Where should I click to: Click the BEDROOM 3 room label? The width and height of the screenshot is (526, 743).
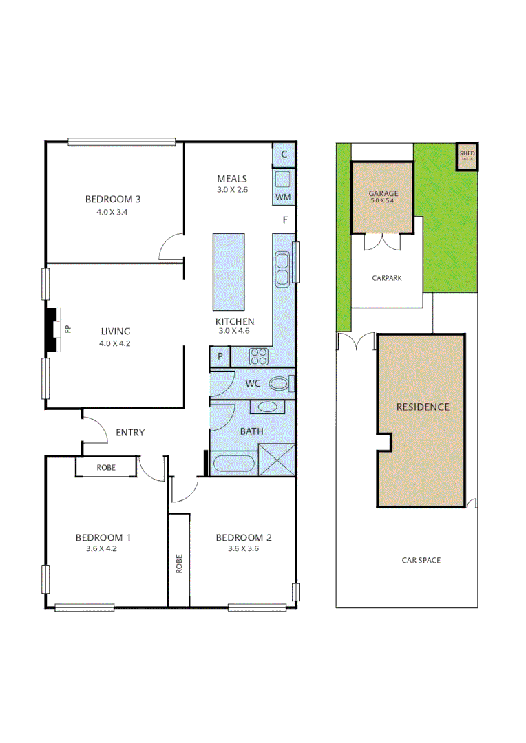(113, 200)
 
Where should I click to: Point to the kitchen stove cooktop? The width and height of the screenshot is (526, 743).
(258, 356)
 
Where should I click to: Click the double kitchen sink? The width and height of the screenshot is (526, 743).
(282, 269)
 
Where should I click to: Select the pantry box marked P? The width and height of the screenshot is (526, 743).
(220, 356)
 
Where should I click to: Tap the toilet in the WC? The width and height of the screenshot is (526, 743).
(280, 383)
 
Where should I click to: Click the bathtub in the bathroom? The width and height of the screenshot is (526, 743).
(234, 463)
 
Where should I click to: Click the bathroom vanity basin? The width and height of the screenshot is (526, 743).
(268, 407)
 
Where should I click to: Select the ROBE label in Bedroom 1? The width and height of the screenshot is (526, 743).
(106, 467)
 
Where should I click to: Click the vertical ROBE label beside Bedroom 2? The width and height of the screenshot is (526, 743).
(179, 564)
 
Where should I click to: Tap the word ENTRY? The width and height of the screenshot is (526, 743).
(129, 433)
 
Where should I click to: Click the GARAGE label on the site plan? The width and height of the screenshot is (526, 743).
(383, 193)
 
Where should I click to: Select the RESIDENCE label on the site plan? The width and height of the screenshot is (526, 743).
(422, 407)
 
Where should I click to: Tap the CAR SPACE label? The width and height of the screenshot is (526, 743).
(421, 560)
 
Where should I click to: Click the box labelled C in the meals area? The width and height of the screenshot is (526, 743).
(284, 154)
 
